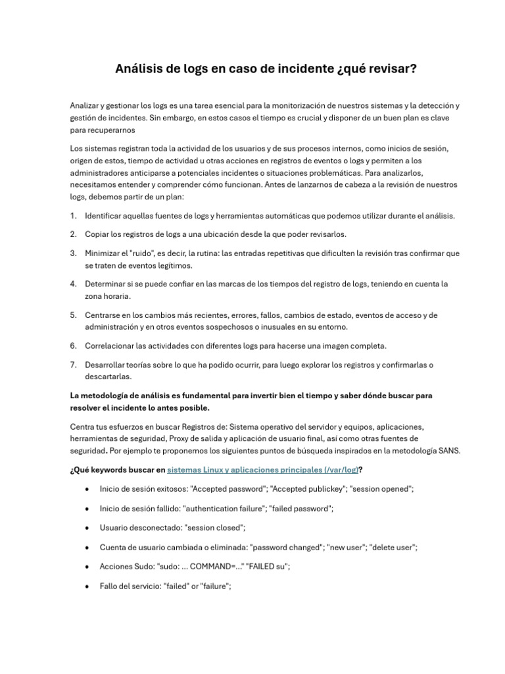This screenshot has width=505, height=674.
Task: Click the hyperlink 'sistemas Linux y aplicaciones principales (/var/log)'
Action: (263, 470)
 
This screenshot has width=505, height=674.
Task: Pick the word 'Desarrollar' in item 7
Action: (107, 365)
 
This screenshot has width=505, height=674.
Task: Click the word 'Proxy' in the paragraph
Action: (180, 438)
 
